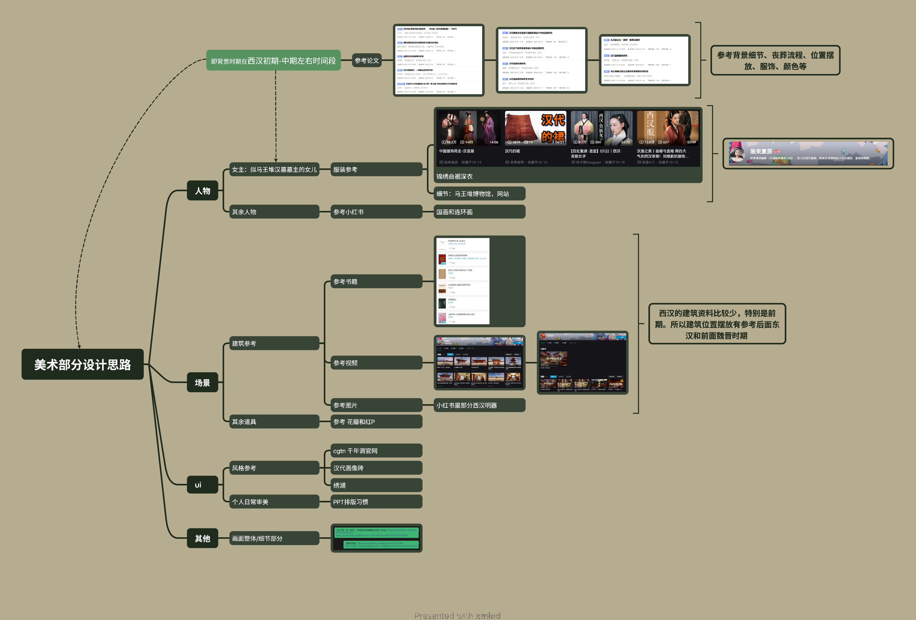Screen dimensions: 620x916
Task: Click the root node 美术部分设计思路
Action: click(82, 364)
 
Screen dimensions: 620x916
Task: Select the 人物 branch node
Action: click(202, 191)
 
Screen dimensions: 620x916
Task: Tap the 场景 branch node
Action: click(202, 382)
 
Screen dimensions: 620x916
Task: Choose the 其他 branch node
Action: click(202, 538)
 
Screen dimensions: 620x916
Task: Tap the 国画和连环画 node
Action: click(479, 212)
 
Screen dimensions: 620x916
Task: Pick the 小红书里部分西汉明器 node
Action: click(479, 405)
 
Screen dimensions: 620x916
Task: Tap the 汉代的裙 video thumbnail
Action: click(535, 128)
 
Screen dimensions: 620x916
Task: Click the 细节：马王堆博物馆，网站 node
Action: click(479, 194)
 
